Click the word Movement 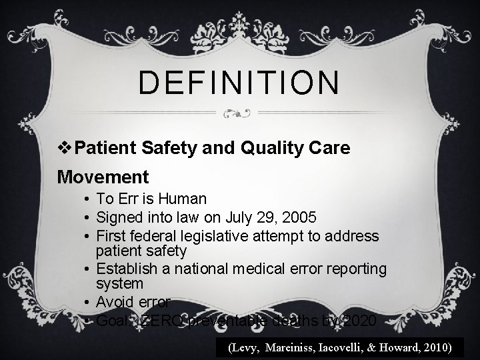coord(103,177)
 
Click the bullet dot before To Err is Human coord(87,199)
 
